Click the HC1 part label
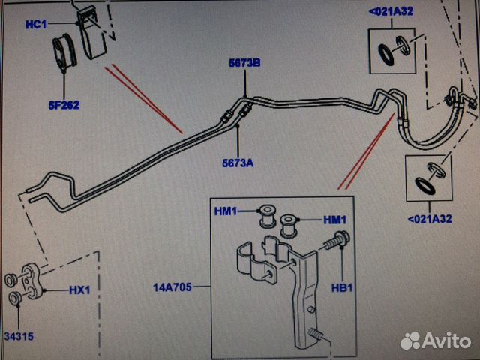[x=36, y=24]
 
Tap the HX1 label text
[x=79, y=289]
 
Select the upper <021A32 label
[x=390, y=11]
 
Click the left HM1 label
[x=225, y=211]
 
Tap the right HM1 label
[x=335, y=219]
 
